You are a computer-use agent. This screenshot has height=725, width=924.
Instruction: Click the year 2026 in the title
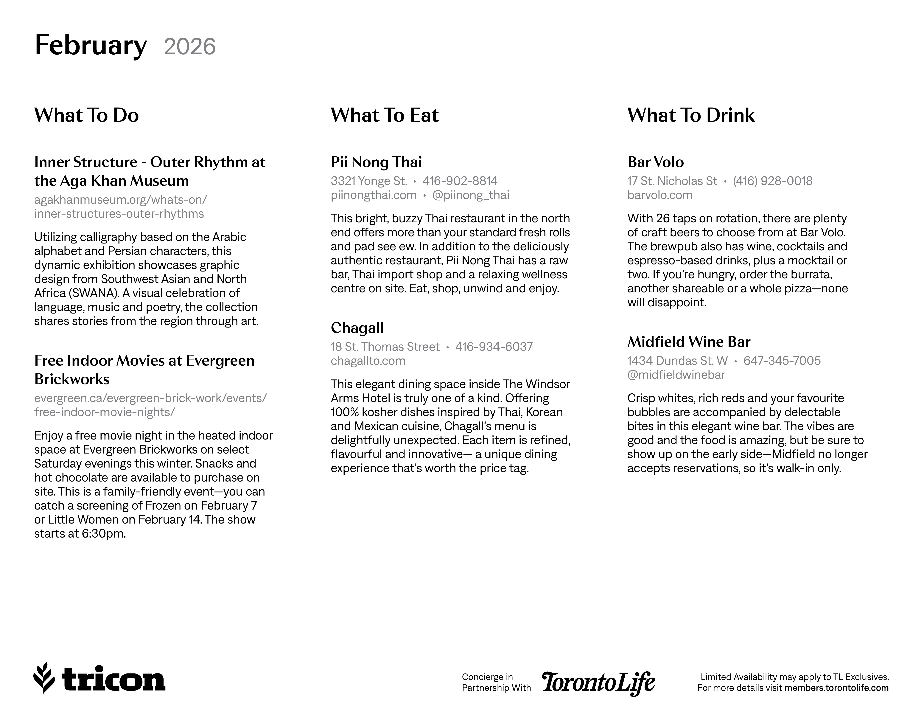tap(190, 47)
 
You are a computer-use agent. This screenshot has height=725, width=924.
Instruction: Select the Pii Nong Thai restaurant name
tap(376, 162)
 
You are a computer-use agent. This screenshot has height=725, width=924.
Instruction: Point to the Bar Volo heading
tap(655, 162)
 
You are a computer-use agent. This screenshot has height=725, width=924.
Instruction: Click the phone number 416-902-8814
tap(460, 181)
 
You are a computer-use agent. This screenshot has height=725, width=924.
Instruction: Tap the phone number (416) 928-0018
tap(772, 181)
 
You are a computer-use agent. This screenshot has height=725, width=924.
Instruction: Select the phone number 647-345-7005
tap(782, 361)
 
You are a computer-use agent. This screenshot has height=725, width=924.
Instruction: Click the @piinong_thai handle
tap(470, 195)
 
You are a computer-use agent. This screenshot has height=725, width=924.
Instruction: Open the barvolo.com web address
tap(659, 195)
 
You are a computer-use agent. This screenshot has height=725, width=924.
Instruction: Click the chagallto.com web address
tap(368, 361)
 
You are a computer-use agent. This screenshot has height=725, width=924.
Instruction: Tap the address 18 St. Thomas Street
tap(385, 347)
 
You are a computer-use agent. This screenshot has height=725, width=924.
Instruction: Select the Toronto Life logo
tap(598, 683)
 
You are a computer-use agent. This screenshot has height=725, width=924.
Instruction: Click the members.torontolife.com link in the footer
tap(836, 688)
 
